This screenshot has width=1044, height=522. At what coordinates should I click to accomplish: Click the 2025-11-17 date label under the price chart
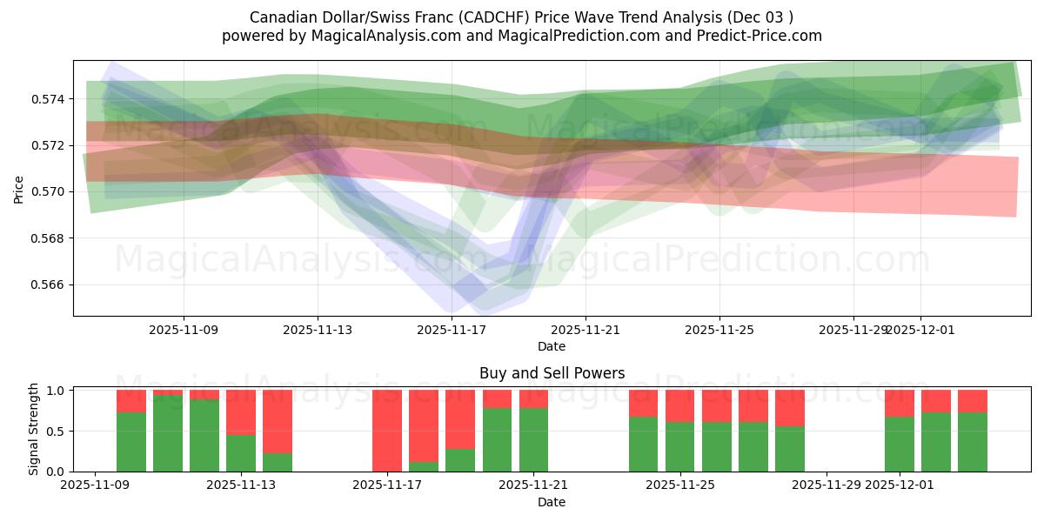[x=452, y=330]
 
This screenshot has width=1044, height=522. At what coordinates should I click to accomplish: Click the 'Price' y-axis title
[x=19, y=189]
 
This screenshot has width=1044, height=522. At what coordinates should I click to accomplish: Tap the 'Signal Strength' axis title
[x=33, y=429]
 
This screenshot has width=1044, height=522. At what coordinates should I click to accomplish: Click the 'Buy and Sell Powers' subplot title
[x=552, y=373]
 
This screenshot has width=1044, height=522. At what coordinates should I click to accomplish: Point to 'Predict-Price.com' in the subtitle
[x=752, y=36]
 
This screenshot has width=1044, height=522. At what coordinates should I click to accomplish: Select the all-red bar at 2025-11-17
[x=387, y=431]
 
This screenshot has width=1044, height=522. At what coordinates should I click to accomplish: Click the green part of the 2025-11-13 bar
[x=241, y=452]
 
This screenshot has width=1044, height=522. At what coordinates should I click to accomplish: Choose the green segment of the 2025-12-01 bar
[x=899, y=444]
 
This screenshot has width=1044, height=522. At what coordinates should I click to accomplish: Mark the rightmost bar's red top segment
[x=972, y=400]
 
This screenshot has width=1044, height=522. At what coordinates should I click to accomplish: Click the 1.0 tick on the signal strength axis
[x=57, y=391]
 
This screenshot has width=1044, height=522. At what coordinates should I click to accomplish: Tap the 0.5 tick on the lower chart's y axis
[x=57, y=432]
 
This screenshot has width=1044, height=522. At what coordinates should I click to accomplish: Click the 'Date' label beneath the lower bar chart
[x=552, y=502]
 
